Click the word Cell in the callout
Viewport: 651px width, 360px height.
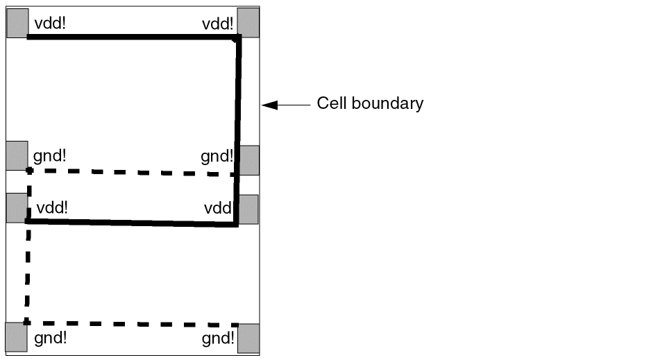click(332, 103)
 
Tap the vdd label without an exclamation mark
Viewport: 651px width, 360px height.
click(218, 208)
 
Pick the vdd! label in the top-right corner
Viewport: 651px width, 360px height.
click(218, 24)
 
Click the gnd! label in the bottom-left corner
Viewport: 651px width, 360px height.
click(50, 338)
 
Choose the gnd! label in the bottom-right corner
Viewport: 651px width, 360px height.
click(218, 338)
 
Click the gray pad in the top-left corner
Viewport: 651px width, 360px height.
click(17, 23)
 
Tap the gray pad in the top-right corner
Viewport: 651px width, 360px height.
click(248, 23)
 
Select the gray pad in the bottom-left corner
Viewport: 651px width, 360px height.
click(17, 337)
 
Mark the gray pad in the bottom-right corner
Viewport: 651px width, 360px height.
click(248, 338)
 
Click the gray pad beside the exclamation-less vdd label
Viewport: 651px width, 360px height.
click(248, 209)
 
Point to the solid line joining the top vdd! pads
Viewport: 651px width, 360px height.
click(132, 37)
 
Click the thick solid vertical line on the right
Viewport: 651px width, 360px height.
click(238, 132)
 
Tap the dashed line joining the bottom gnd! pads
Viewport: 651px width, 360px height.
click(132, 324)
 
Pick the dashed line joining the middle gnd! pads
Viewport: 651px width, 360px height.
click(132, 172)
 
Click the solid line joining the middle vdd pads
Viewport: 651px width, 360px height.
click(132, 223)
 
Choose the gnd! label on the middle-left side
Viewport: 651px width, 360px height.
click(50, 155)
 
